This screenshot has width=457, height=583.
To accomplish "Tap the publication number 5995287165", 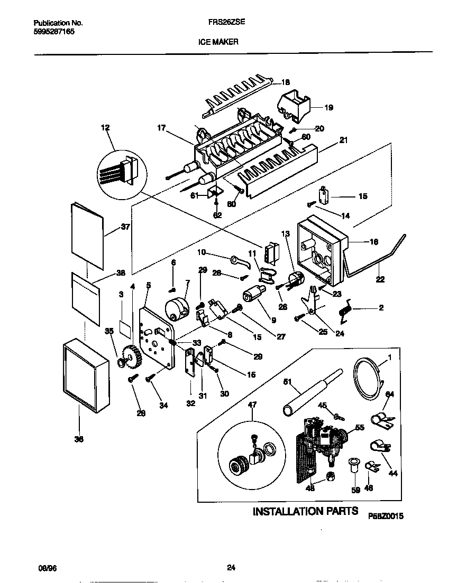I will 54,32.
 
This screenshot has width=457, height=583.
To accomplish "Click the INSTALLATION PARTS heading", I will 303,511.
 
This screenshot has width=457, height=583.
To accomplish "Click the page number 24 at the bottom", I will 231,568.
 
